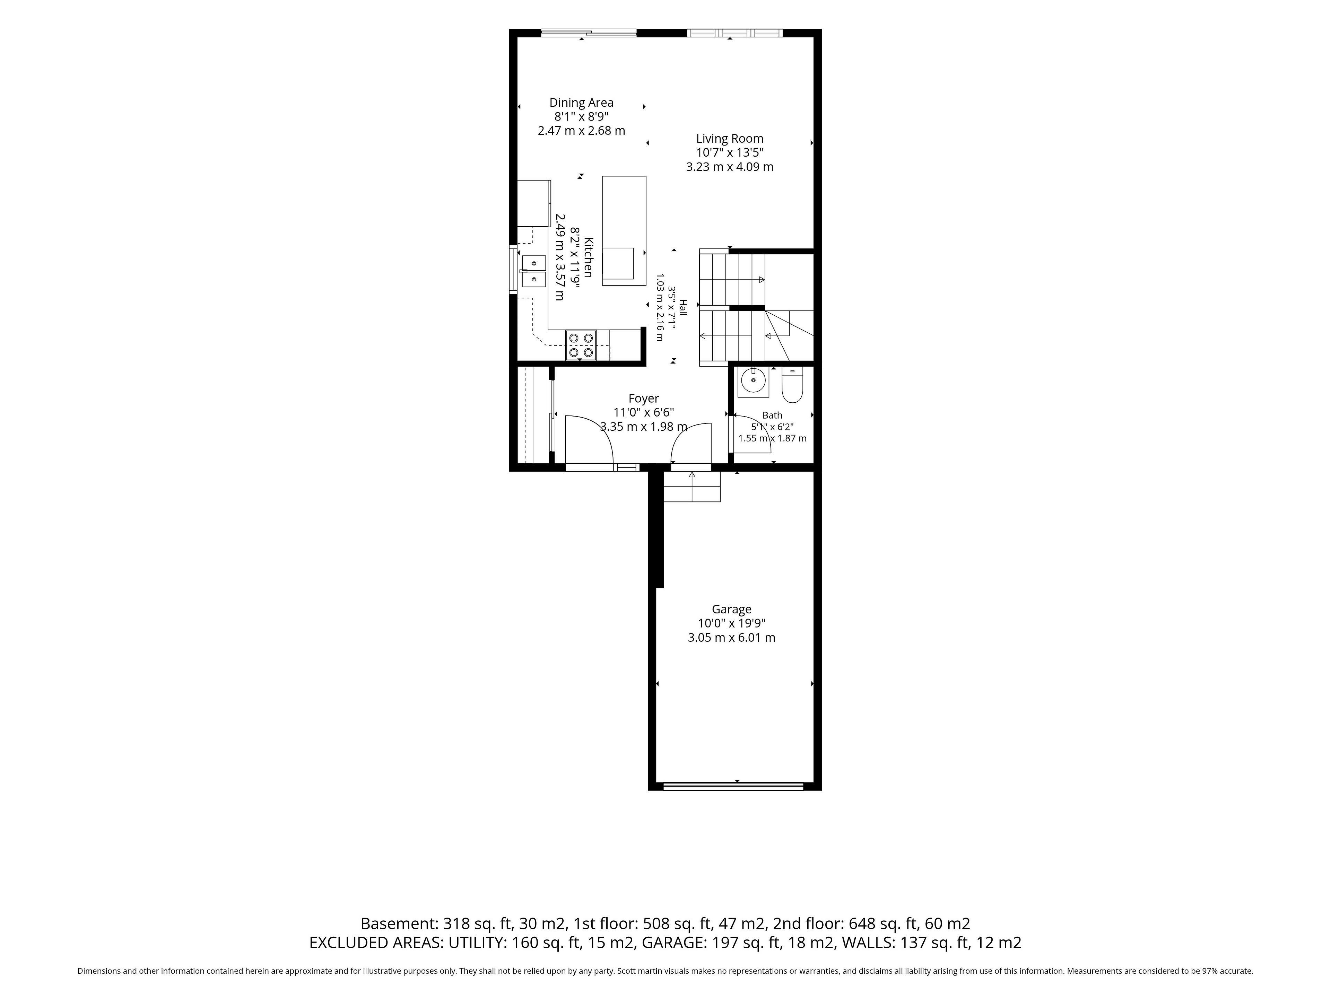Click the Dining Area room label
[581, 103]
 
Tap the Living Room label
[730, 139]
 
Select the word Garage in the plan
[732, 610]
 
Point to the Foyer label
[644, 398]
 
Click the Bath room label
[773, 415]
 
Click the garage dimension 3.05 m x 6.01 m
[732, 638]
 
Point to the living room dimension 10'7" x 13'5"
[730, 153]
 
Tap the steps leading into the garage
[692, 486]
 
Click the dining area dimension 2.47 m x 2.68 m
[581, 131]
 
